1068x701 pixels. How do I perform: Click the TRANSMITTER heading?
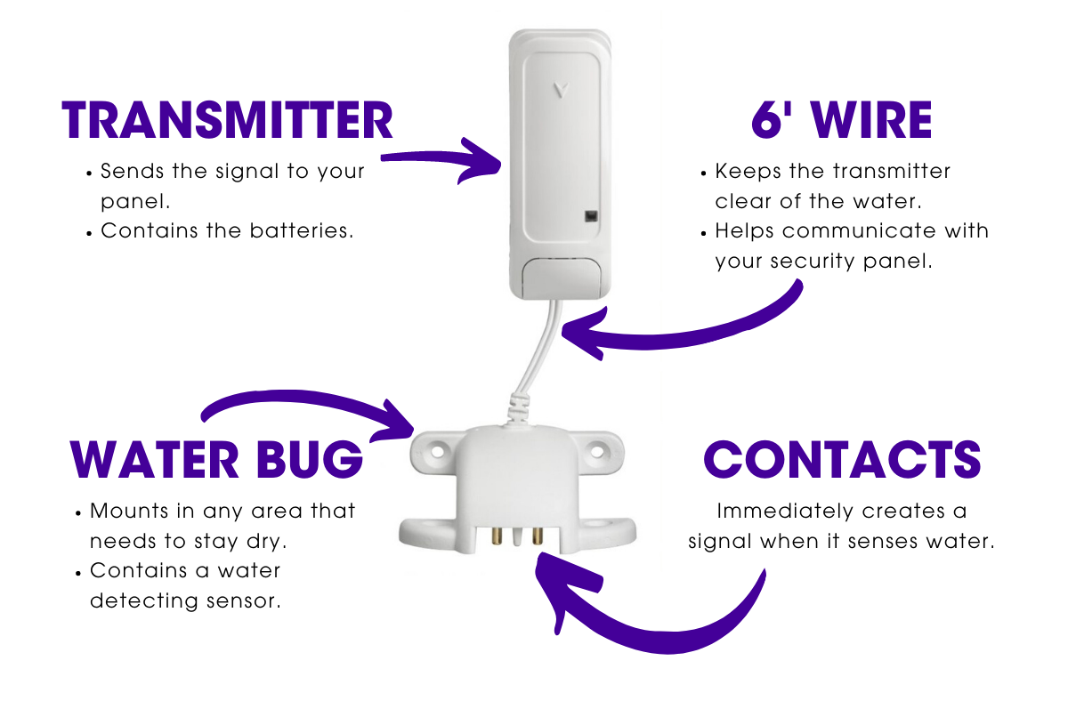[227, 121]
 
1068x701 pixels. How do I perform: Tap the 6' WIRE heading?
[841, 121]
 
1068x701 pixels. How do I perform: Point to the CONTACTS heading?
[841, 460]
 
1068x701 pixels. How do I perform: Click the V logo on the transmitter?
[559, 90]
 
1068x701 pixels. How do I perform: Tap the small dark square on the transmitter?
[589, 215]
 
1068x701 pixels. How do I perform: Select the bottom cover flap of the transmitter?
[560, 278]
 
